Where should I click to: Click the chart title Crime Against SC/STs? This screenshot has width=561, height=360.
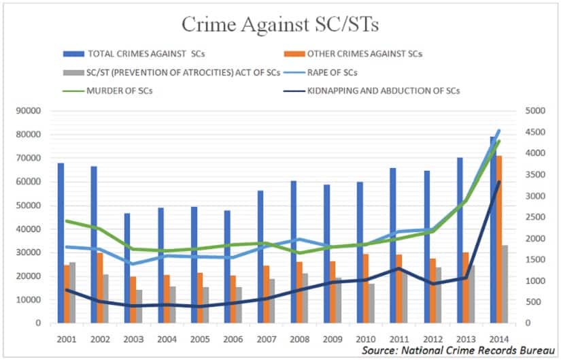coord(281,24)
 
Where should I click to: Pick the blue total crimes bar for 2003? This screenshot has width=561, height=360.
coord(127,268)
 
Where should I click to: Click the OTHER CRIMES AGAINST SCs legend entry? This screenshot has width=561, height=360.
coord(364,54)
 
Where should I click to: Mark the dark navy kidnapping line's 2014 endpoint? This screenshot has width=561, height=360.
coord(500,182)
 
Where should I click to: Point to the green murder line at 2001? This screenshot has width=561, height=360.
coord(67,220)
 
